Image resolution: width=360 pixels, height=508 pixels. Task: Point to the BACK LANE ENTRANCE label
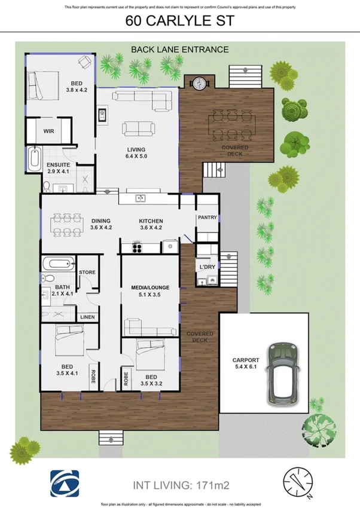pyautogui.click(x=179, y=50)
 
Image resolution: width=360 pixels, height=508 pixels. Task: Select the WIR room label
pyautogui.click(x=49, y=131)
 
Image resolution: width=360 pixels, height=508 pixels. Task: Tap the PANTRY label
pyautogui.click(x=208, y=218)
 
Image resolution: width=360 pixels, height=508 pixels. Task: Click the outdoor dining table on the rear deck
pyautogui.click(x=231, y=126)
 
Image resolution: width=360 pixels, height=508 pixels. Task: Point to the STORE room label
pyautogui.click(x=87, y=273)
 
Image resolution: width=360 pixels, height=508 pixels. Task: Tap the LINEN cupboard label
pyautogui.click(x=87, y=316)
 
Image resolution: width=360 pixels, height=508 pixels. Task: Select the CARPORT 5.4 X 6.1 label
pyautogui.click(x=245, y=364)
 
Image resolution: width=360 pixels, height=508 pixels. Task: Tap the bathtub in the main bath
pyautogui.click(x=58, y=263)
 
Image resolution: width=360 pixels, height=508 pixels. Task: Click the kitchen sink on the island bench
pyautogui.click(x=141, y=198)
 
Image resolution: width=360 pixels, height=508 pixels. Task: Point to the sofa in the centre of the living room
pyautogui.click(x=138, y=128)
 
